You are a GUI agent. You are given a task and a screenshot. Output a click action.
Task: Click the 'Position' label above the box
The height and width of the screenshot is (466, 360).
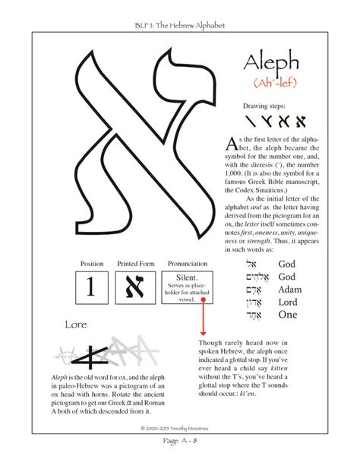90,264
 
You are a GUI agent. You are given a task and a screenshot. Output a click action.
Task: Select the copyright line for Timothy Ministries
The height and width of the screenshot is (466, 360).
180,428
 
